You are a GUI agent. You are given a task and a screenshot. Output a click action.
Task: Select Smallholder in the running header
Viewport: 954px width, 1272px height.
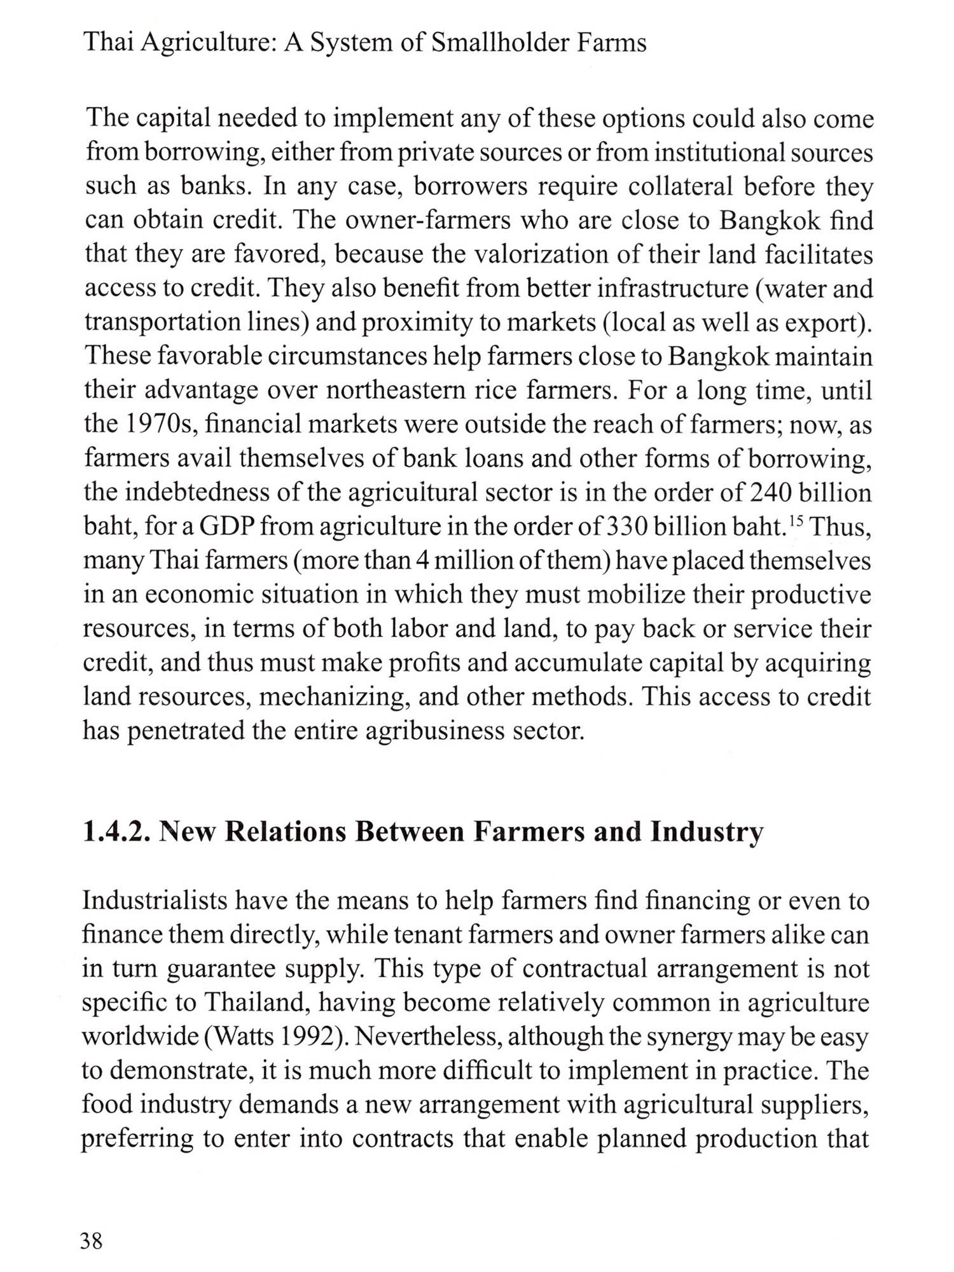494,43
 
